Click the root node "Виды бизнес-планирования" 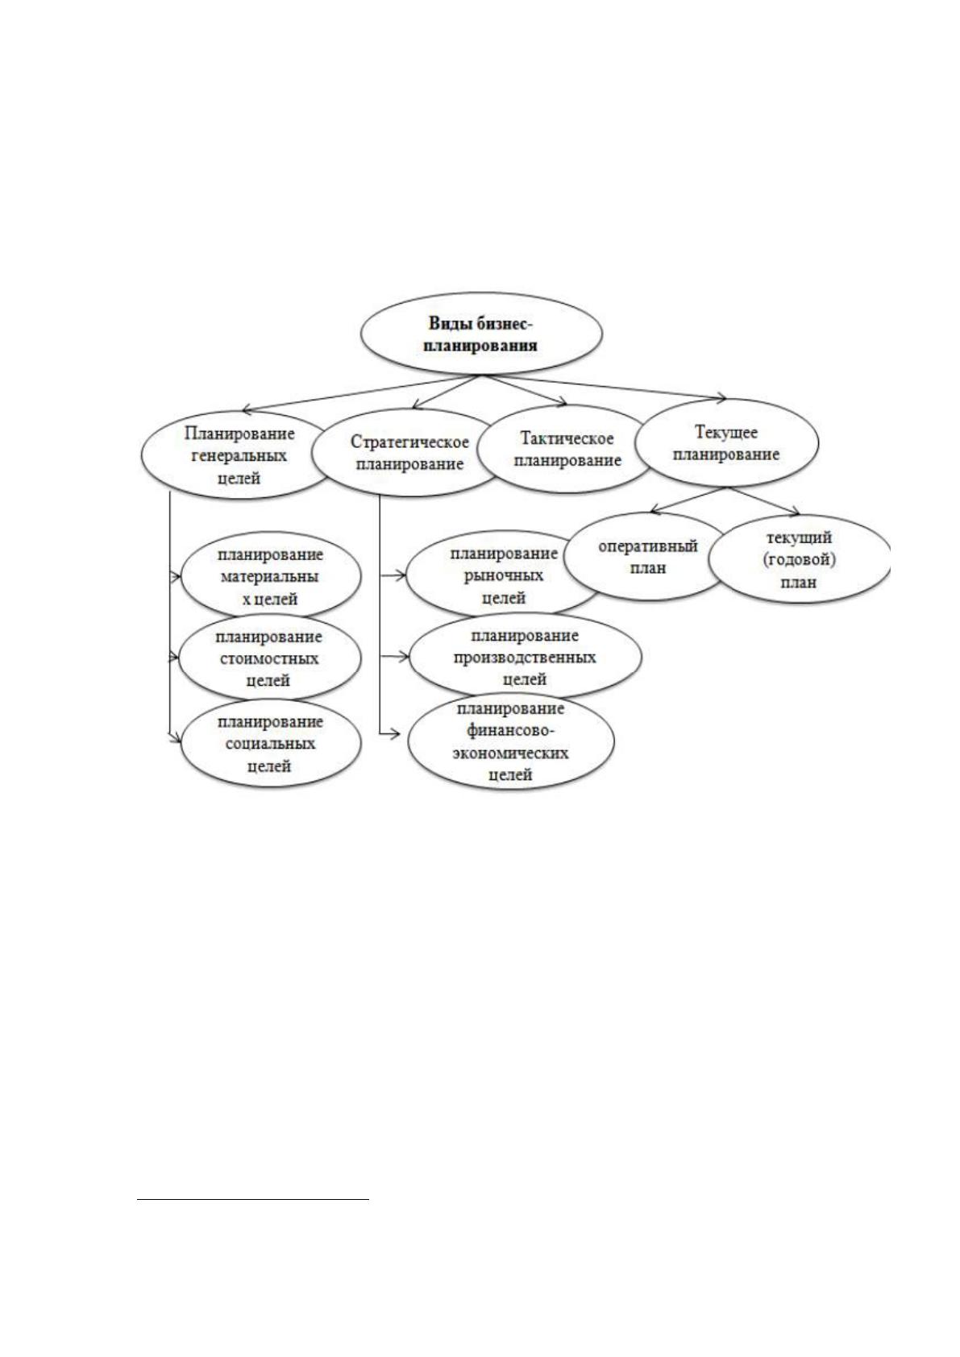(481, 334)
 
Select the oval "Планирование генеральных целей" (238, 455)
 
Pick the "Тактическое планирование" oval (567, 449)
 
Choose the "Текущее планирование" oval (726, 443)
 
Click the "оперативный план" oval (647, 557)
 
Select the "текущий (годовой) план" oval (799, 559)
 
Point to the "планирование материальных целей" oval (270, 576)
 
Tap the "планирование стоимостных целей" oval (270, 658)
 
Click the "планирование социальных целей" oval (271, 743)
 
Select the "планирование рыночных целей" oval (502, 575)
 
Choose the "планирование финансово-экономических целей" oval (511, 741)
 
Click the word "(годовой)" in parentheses (799, 560)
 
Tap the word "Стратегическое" (409, 442)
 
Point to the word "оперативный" (648, 546)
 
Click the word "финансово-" (511, 731)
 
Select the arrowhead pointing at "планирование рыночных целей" (401, 575)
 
